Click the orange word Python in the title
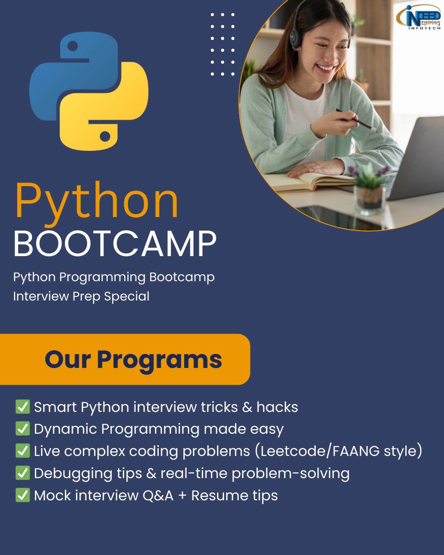[x=97, y=201]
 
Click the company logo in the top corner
[x=419, y=17]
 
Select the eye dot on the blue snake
[x=73, y=46]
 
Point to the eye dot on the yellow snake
[x=105, y=136]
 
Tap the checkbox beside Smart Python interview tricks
[x=23, y=407]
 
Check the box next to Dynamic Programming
[x=23, y=428]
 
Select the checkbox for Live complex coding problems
[x=23, y=451]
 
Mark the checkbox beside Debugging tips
[x=23, y=473]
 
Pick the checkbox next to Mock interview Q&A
[x=23, y=495]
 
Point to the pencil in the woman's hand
[x=355, y=120]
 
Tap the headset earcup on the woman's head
[x=295, y=36]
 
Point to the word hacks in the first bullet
[x=277, y=407]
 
